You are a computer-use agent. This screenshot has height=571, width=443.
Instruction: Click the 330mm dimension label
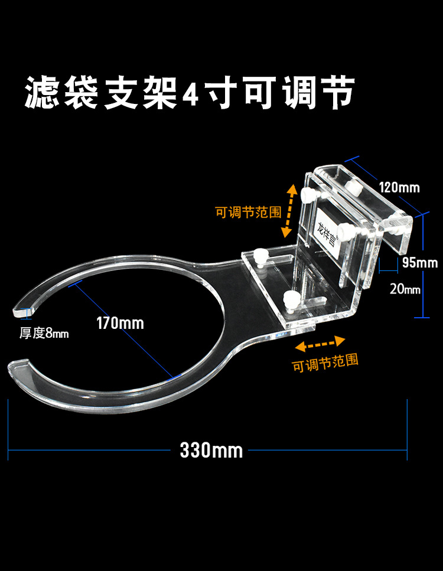[211, 451]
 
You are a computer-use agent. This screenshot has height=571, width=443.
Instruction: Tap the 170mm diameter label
[120, 323]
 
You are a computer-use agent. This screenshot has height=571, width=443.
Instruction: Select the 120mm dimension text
[399, 188]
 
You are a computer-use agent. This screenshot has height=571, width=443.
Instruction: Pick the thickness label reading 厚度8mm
[44, 334]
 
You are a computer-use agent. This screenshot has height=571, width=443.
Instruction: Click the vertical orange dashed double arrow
[289, 210]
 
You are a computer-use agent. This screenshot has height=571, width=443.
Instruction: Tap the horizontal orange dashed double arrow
[320, 342]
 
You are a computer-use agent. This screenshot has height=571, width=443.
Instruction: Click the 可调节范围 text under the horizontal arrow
[325, 362]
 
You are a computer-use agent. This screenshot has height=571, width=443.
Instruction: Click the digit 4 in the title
[191, 94]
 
